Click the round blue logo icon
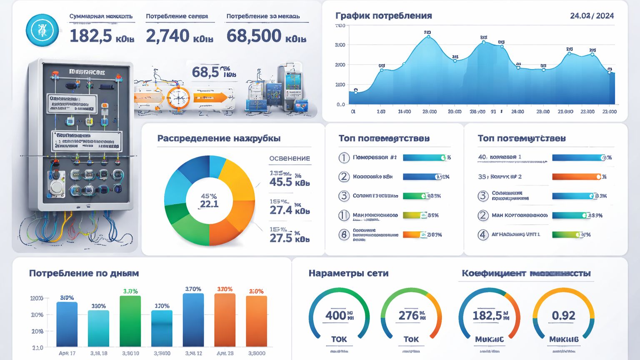(42, 30)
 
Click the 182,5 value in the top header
(90, 36)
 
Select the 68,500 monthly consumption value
(255, 36)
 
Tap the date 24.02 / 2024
(592, 16)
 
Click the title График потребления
(383, 16)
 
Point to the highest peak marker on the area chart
(428, 37)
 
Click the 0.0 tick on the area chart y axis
(340, 104)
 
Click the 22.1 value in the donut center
(209, 204)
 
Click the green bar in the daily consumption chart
(130, 321)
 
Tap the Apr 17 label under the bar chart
(67, 353)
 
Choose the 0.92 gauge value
(563, 315)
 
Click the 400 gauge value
(335, 315)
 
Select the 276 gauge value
(408, 315)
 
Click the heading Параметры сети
(348, 273)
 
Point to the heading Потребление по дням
(84, 273)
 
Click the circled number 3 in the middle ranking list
(344, 196)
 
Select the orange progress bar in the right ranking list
(577, 177)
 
